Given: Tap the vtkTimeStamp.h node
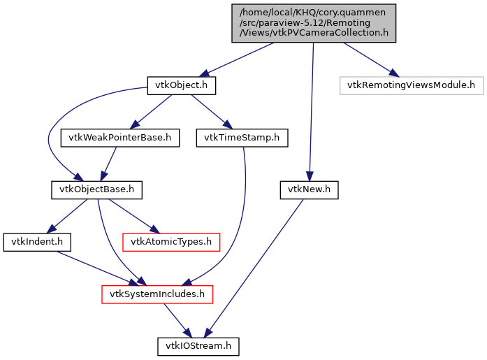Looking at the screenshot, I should [x=242, y=138].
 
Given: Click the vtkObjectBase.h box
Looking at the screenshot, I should [x=97, y=189].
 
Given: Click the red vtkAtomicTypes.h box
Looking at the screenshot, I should [x=171, y=242].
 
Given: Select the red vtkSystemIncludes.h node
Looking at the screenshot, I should [x=157, y=294].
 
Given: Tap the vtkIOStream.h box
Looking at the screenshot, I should [x=198, y=346].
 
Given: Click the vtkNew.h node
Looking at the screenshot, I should [x=309, y=189].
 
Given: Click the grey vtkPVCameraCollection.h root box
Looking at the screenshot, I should [x=314, y=22].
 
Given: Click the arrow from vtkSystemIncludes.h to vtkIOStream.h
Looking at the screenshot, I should [x=177, y=319].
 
